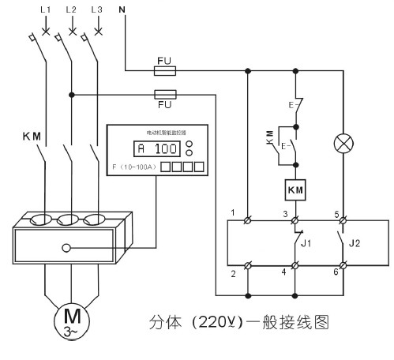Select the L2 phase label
coord(71,9)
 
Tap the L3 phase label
coord(97,9)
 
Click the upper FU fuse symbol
coord(165,70)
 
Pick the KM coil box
coord(295,190)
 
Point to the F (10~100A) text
coord(134,168)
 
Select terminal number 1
coord(234,212)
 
